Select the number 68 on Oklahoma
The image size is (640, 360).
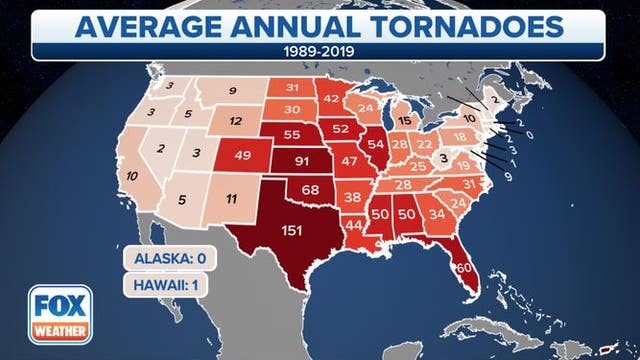click(311, 190)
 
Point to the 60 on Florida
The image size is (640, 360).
click(463, 269)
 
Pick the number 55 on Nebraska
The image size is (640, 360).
click(293, 134)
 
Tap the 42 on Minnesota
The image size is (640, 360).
click(332, 97)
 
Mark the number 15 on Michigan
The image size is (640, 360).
click(404, 121)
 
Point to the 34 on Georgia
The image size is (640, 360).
click(438, 214)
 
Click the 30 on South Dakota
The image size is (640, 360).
click(292, 109)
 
